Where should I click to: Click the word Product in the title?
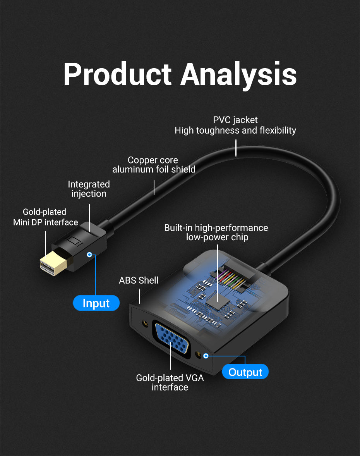117,74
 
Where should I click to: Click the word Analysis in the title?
238,74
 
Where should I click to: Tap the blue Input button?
96,303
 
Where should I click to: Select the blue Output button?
245,372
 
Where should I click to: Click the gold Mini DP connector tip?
53,264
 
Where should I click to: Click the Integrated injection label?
89,189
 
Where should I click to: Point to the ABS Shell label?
139,280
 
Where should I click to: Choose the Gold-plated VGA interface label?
170,382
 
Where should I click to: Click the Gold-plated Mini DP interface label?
45,217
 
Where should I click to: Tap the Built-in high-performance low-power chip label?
216,232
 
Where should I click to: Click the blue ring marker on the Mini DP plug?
90,255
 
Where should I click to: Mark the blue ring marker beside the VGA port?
206,355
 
